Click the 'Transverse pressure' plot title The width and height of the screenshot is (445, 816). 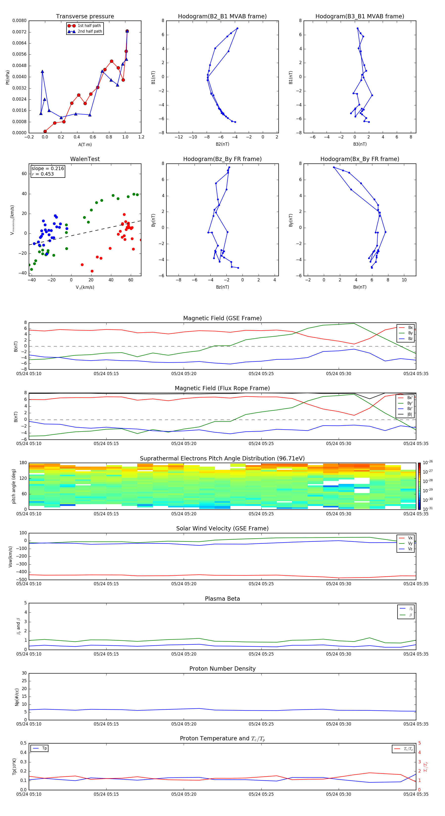(85, 17)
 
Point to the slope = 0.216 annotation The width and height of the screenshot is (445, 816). (47, 169)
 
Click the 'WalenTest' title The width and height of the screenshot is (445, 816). (85, 159)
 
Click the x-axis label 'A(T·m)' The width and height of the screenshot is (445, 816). (85, 144)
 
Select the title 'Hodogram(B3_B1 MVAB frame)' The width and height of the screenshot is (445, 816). (359, 17)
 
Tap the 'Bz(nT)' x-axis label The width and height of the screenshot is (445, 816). (222, 287)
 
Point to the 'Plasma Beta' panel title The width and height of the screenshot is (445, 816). (222, 599)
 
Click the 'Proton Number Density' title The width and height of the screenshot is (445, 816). (222, 669)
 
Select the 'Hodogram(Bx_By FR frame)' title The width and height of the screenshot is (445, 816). (359, 159)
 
